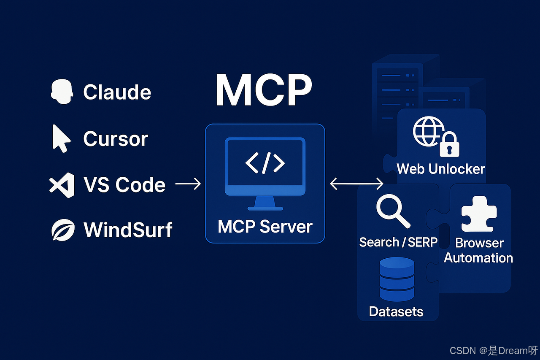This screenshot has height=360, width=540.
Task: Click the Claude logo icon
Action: click(62, 92)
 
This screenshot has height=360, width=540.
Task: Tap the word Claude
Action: click(117, 92)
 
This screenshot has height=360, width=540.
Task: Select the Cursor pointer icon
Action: click(60, 138)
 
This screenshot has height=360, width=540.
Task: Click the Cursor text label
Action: click(116, 139)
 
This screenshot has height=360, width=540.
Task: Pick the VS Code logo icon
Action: click(62, 185)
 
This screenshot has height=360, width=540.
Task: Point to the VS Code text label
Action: click(124, 185)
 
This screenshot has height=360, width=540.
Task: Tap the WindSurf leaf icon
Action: click(63, 230)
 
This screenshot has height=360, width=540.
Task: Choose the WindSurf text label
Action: click(128, 230)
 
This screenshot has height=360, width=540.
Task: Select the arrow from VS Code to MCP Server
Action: click(188, 184)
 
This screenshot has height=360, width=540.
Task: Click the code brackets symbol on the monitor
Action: click(265, 163)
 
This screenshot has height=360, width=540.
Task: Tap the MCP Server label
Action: click(265, 227)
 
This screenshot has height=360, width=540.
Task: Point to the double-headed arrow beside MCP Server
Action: click(356, 184)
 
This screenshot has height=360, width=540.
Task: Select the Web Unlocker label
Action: click(441, 169)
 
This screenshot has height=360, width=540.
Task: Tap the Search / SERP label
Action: click(398, 242)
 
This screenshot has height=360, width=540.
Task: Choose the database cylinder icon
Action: click(397, 279)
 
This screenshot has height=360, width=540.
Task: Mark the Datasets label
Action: click(396, 311)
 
